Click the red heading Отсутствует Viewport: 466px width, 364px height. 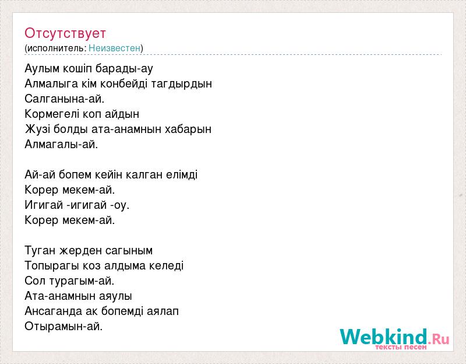tap(65, 33)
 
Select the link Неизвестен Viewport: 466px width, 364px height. tap(114, 48)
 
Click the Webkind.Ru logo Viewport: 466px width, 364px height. tap(394, 339)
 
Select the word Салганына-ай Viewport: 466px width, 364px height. tap(65, 99)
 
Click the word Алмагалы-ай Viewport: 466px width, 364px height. tap(61, 144)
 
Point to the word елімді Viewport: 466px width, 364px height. tap(182, 174)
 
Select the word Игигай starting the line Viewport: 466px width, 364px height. tap(44, 205)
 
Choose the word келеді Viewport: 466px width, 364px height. tap(166, 266)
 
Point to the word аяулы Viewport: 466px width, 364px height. tap(115, 296)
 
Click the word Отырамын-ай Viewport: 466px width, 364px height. tap(63, 327)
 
